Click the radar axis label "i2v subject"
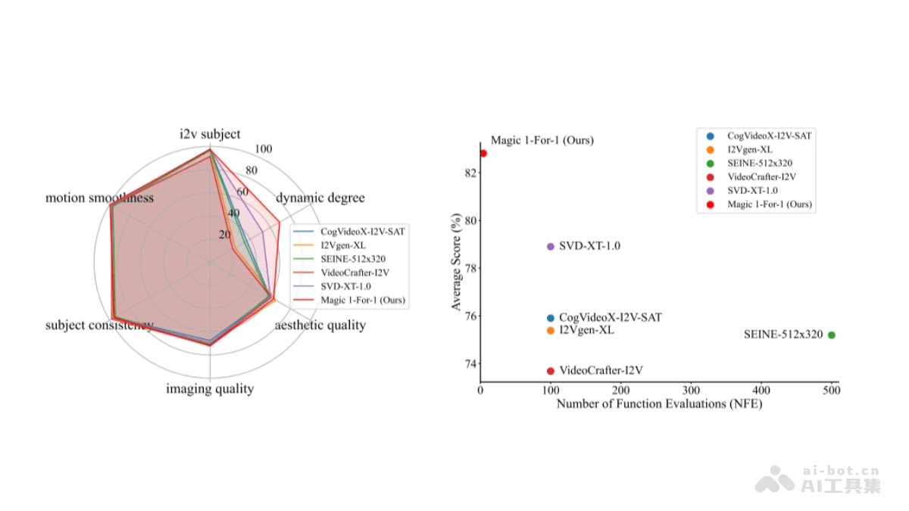210,134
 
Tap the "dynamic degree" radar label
320,198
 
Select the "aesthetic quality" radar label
320,326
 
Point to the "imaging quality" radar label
210,389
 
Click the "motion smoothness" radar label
99,198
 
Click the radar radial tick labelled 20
225,235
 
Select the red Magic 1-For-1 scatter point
483,153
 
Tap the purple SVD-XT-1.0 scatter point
550,247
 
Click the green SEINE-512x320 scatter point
832,335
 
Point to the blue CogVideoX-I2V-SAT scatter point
550,318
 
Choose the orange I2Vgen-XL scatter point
550,331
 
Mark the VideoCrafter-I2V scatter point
550,371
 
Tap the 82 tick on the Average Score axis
471,173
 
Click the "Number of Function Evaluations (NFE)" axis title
659,404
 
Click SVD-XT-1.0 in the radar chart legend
345,286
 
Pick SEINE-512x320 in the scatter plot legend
760,163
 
